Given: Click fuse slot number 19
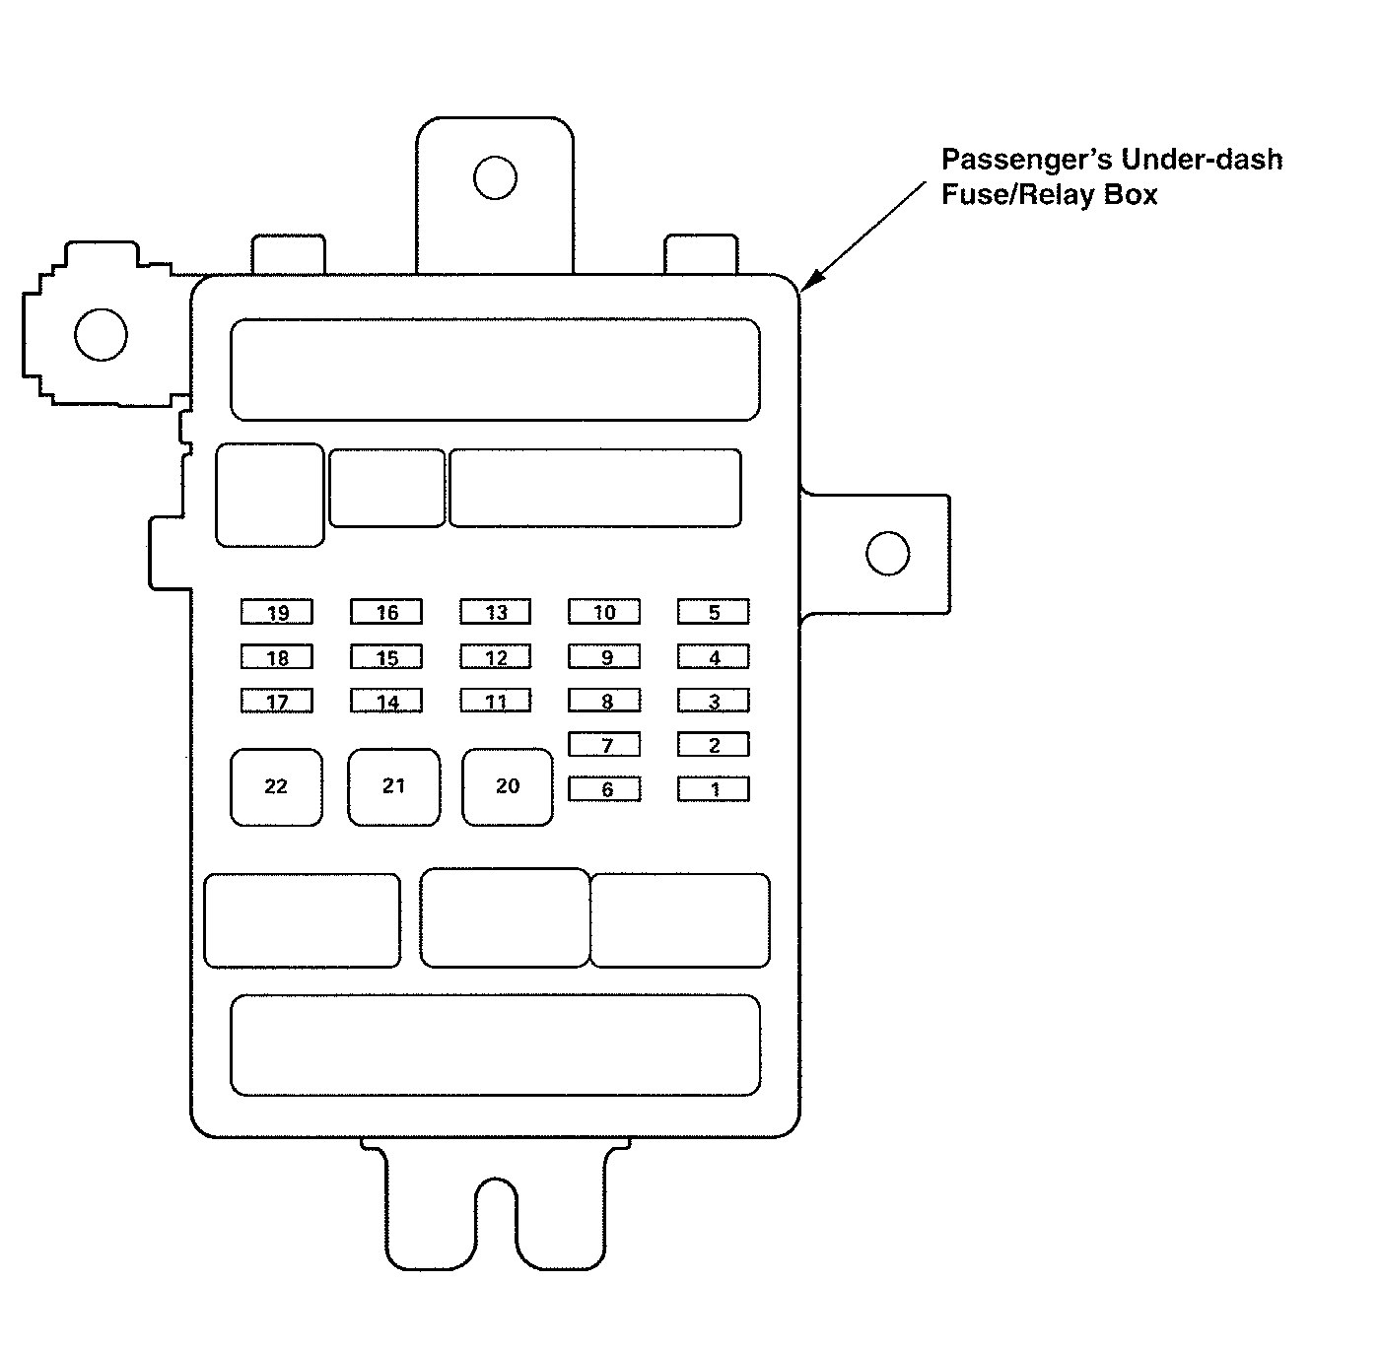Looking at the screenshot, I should (x=277, y=612).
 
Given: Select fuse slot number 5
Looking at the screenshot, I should (x=713, y=612).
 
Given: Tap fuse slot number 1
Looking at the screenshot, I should (x=713, y=788).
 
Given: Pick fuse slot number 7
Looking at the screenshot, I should (x=604, y=744).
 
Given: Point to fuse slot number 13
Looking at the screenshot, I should (x=495, y=612).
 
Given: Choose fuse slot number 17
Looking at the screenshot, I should (x=277, y=701).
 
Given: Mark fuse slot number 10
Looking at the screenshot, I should (x=604, y=612).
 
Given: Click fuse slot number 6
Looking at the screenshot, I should (x=604, y=788).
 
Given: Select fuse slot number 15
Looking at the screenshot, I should (x=386, y=656).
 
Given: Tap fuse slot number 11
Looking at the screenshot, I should (x=495, y=701).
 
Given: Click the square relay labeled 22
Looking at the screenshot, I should (x=276, y=786).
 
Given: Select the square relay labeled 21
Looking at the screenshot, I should (x=393, y=786).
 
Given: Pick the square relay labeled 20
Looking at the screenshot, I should (x=508, y=786).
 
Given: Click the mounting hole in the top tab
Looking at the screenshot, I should (x=494, y=177).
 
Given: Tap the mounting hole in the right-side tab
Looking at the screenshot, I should (x=887, y=553).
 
